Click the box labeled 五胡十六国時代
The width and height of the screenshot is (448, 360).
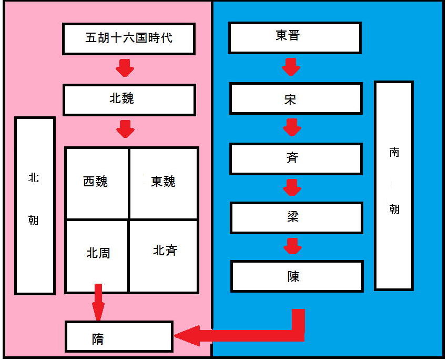point(129,39)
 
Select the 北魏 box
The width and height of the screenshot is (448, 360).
point(129,100)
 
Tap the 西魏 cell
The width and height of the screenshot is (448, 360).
point(97,183)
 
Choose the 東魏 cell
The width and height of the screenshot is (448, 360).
point(164,183)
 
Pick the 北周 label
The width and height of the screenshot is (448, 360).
point(98,253)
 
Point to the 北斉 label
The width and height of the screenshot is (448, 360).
point(165,251)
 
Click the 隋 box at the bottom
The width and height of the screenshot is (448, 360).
point(119,336)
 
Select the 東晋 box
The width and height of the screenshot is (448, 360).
point(295,38)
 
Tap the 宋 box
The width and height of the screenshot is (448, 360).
point(296,98)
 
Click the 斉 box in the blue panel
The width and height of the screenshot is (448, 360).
point(296,159)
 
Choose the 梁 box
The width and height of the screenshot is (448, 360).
point(297,218)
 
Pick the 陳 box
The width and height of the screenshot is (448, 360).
point(297,276)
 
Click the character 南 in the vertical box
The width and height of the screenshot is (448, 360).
point(394,153)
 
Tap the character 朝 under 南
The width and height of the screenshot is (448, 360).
point(394,209)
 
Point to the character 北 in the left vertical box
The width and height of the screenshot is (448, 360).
point(34,177)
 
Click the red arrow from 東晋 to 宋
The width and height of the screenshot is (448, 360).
point(291,67)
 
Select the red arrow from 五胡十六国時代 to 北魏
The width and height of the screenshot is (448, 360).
point(125,68)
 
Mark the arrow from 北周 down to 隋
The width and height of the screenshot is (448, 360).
point(98,302)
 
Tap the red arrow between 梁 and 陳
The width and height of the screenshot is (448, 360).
point(292,246)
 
